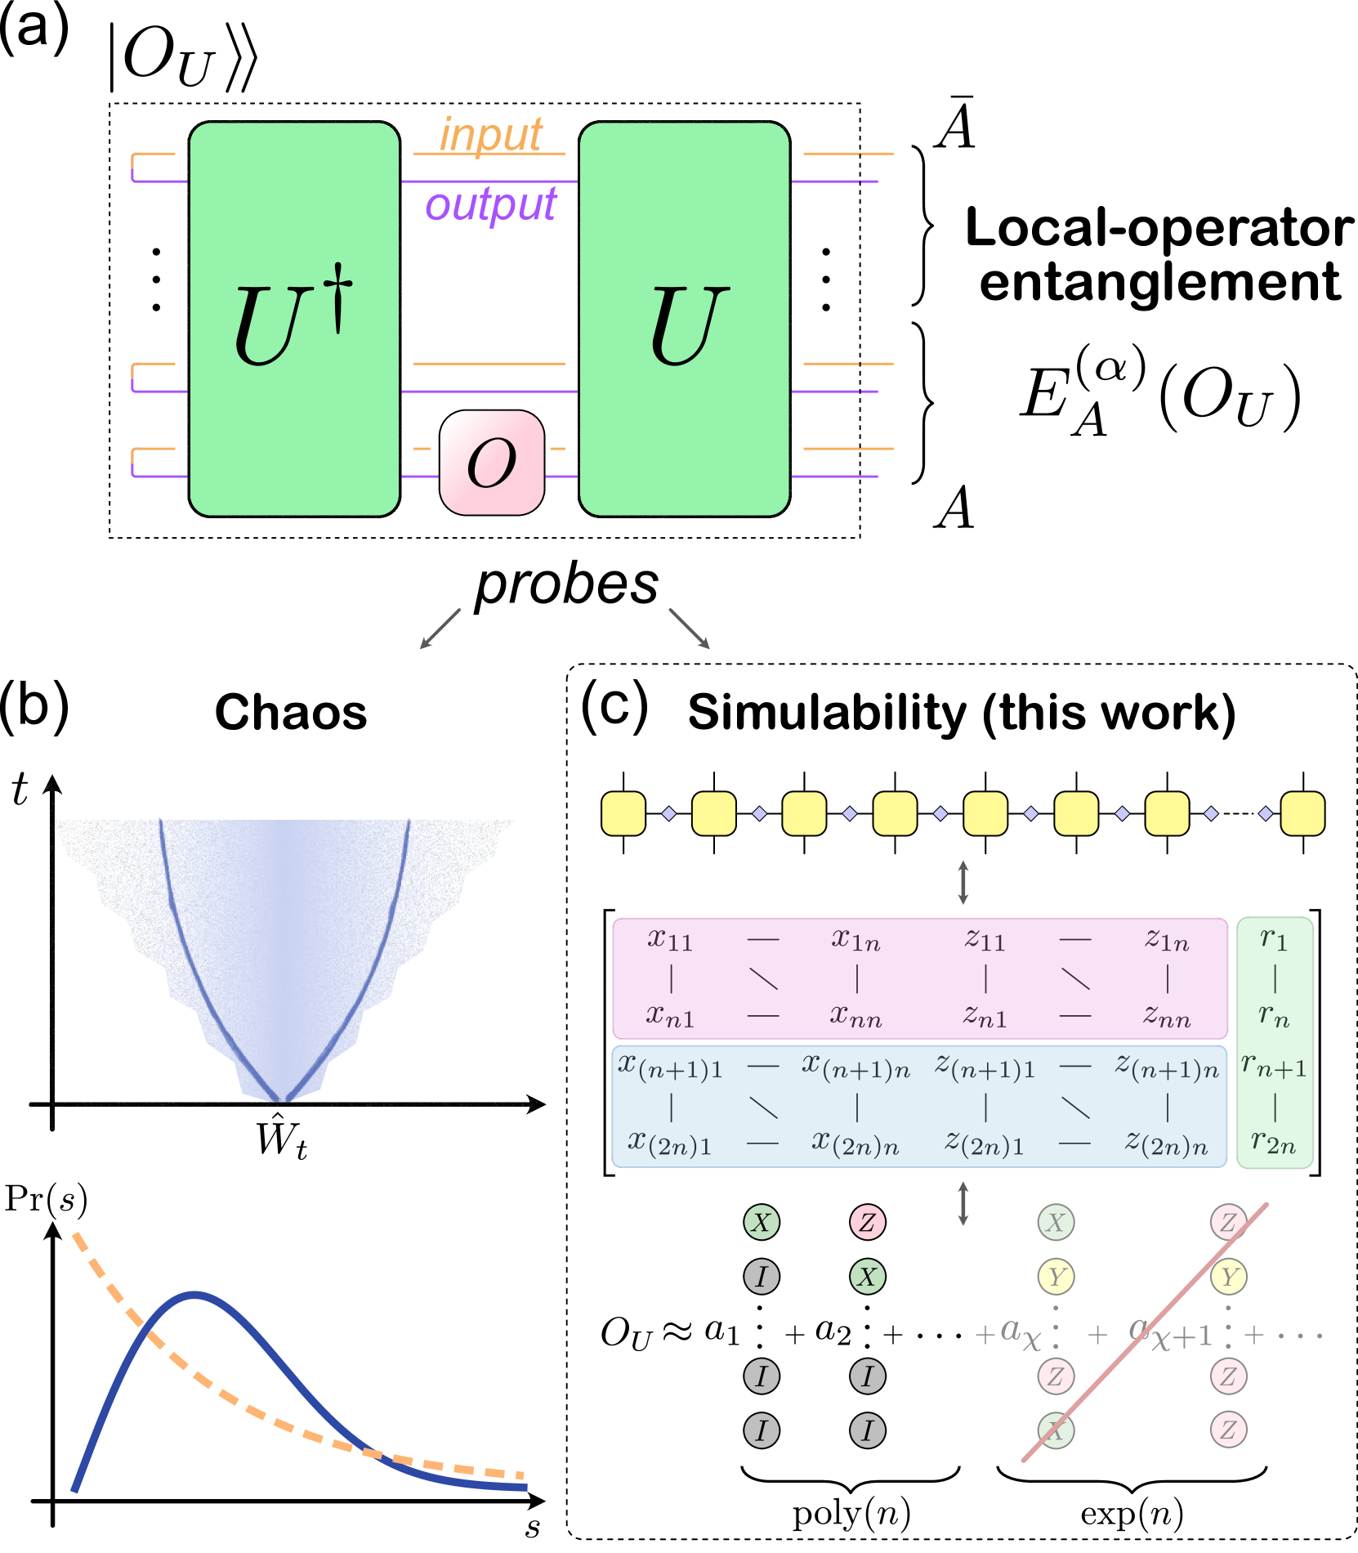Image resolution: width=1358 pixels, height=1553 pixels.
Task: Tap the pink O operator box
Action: tap(492, 463)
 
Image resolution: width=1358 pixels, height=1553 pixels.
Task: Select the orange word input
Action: tap(491, 135)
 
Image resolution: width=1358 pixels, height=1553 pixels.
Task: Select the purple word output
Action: tap(491, 204)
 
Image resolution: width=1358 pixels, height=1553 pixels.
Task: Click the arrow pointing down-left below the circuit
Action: tap(440, 629)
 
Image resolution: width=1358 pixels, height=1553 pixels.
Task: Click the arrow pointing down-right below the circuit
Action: tap(690, 629)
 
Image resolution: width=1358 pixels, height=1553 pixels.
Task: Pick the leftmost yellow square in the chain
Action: tap(623, 813)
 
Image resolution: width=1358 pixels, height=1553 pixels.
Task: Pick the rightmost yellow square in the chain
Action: tap(1302, 813)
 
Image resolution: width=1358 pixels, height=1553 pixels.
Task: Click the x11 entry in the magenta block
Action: tap(670, 940)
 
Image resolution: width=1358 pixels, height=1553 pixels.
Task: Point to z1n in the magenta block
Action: tap(1167, 941)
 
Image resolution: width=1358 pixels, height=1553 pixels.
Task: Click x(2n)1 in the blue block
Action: tap(670, 1143)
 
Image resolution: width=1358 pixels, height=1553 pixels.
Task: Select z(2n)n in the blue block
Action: tap(1167, 1143)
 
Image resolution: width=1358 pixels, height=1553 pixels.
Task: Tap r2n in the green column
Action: tap(1274, 1142)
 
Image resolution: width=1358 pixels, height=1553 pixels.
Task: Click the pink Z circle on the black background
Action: tap(868, 1223)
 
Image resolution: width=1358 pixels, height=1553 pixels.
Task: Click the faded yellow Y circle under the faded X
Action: tap(1056, 1277)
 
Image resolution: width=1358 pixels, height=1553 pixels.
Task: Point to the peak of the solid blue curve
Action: tap(194, 1294)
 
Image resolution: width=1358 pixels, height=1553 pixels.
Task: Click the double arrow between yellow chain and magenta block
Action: tap(963, 882)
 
